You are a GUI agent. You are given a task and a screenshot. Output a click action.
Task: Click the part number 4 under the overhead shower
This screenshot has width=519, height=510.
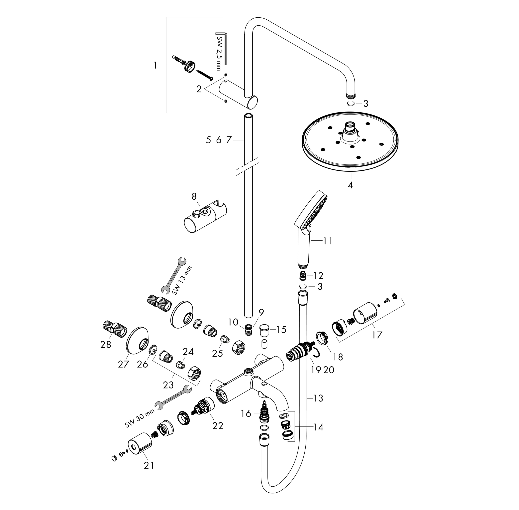click(x=350, y=185)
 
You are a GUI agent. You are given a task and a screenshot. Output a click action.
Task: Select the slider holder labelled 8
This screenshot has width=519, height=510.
click(x=205, y=217)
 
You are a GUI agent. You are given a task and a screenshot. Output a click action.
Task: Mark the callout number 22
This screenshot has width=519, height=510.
click(x=218, y=426)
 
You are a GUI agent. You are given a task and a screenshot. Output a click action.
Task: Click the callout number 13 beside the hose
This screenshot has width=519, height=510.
click(x=318, y=398)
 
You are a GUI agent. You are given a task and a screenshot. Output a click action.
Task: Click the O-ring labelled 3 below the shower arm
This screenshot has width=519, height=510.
click(x=351, y=104)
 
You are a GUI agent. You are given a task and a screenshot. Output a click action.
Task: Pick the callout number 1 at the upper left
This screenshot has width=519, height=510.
click(x=155, y=65)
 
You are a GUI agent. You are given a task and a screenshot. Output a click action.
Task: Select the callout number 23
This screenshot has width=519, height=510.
click(x=168, y=385)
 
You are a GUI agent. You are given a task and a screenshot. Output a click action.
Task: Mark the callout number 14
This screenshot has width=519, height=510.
click(x=318, y=427)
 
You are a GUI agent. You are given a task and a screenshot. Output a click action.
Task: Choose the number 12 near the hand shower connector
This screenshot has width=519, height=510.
click(x=318, y=276)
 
